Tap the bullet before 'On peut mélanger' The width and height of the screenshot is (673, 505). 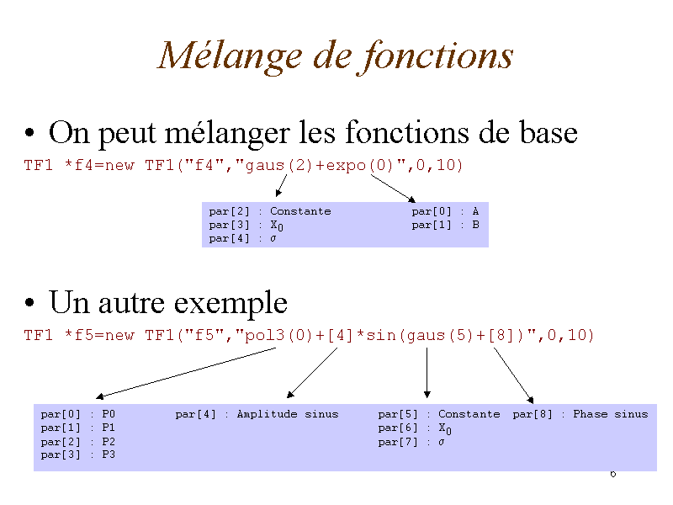pyautogui.click(x=29, y=132)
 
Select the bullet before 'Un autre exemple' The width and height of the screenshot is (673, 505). pyautogui.click(x=29, y=302)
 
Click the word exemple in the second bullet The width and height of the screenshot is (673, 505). pyautogui.click(x=231, y=304)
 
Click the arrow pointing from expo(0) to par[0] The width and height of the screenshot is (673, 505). pyautogui.click(x=393, y=189)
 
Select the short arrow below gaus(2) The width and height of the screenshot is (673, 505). pyautogui.click(x=281, y=185)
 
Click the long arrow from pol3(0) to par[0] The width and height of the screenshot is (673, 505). pyautogui.click(x=186, y=373)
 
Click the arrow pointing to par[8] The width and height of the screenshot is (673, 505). pyautogui.click(x=514, y=375)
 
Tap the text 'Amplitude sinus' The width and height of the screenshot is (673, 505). pyautogui.click(x=288, y=414)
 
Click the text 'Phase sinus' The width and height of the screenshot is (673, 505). pyautogui.click(x=611, y=414)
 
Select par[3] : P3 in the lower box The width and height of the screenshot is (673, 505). pyautogui.click(x=78, y=454)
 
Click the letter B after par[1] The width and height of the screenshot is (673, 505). pyautogui.click(x=475, y=225)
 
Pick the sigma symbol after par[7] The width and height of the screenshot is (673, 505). pyautogui.click(x=441, y=443)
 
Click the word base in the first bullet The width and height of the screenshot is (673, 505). pyautogui.click(x=548, y=132)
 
